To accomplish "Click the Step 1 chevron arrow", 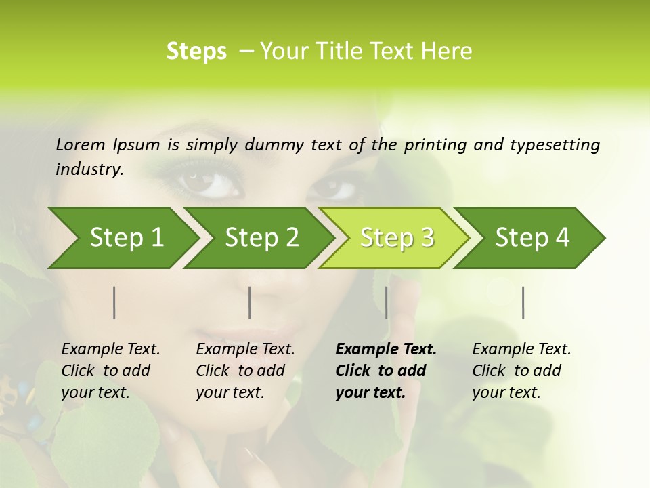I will [x=122, y=238].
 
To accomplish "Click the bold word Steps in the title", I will [x=196, y=52].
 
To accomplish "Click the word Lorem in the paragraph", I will [x=81, y=144].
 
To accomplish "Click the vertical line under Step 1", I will [x=114, y=302].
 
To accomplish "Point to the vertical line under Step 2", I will [x=250, y=302].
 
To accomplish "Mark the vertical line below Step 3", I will [x=387, y=302].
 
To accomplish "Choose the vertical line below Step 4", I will [x=523, y=302].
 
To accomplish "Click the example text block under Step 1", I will [x=110, y=371].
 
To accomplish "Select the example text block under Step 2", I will [x=244, y=371].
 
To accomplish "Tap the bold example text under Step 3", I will [x=385, y=371].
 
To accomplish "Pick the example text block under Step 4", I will [x=521, y=371].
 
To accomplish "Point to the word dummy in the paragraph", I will [x=276, y=144].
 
